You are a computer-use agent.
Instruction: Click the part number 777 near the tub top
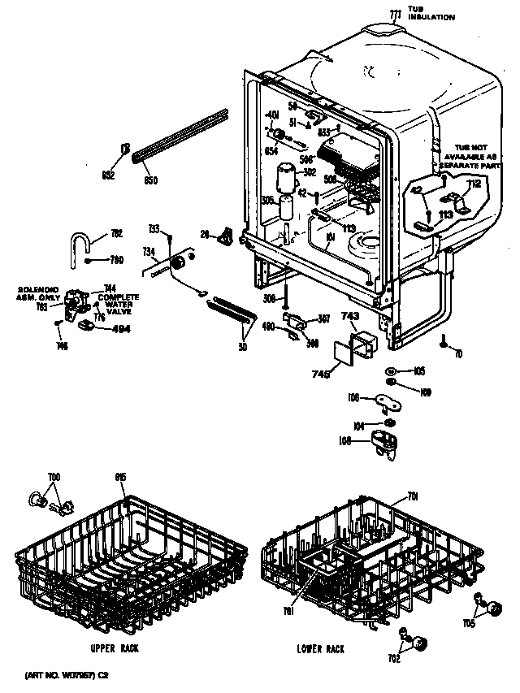pyautogui.click(x=396, y=15)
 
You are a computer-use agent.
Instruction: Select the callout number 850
pyautogui.click(x=150, y=180)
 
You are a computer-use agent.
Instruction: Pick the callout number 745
pyautogui.click(x=321, y=375)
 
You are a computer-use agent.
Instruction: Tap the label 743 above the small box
pyautogui.click(x=350, y=316)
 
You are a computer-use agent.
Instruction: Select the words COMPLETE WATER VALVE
pyautogui.click(x=119, y=303)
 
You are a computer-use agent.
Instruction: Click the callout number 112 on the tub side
pyautogui.click(x=475, y=184)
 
